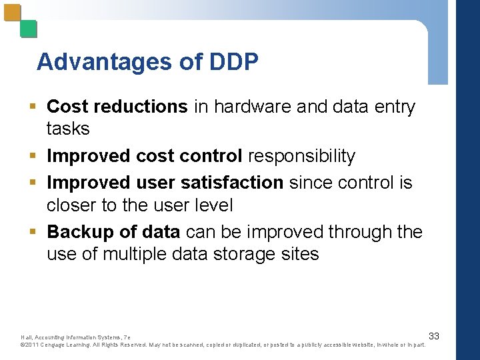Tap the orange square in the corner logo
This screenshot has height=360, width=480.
click(x=12, y=14)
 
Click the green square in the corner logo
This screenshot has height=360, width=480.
click(x=29, y=29)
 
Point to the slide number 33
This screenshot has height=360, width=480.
click(x=433, y=335)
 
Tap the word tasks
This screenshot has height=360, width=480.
click(x=68, y=127)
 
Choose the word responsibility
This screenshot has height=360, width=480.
click(x=301, y=156)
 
